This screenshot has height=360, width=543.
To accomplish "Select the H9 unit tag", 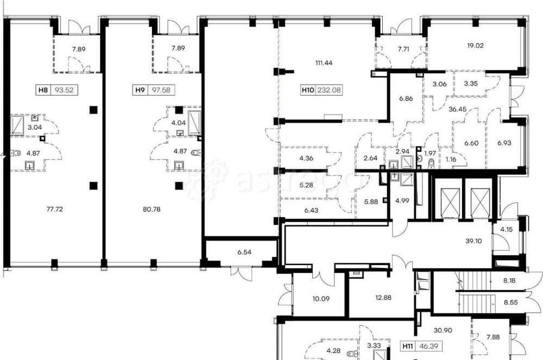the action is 153,90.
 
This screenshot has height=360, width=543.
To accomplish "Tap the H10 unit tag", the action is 321,90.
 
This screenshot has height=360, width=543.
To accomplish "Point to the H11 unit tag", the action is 421,346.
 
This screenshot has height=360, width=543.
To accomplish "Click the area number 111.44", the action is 324,63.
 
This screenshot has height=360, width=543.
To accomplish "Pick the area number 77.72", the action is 55,209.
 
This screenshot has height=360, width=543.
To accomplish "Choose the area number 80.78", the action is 151,209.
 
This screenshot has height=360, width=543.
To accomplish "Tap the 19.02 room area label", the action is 475,46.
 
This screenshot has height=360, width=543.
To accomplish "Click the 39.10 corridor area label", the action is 473,241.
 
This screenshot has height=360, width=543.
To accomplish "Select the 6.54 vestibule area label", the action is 244,252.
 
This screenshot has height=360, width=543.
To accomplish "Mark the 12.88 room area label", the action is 383,297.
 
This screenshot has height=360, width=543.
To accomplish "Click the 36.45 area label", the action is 457,109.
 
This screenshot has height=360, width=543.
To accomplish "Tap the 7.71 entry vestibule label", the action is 403,49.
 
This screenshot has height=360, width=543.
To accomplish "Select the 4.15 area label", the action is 506,229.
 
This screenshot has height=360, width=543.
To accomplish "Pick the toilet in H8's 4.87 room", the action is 16,153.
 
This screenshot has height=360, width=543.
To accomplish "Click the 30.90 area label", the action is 443,331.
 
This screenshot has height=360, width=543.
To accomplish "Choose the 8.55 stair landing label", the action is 510,302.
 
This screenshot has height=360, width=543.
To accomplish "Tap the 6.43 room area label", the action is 311,211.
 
